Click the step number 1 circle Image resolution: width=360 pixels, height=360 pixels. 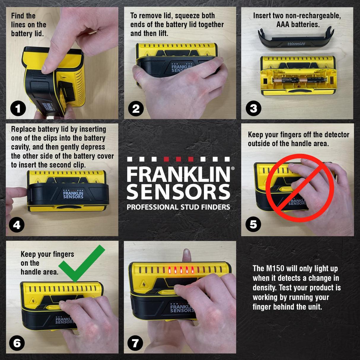point(18,109)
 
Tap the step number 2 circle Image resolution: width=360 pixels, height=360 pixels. point(136,109)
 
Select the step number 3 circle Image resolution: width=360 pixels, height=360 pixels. point(253,109)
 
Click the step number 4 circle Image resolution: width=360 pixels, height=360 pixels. point(17,225)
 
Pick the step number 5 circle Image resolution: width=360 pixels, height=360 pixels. point(253,224)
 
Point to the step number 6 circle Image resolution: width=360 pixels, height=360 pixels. point(17,343)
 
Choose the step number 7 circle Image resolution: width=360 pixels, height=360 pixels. point(135,343)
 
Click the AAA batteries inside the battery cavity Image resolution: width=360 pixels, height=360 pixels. point(300,80)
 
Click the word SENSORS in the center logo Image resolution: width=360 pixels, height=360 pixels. point(178,192)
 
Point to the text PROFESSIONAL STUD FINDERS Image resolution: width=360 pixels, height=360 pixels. point(178,207)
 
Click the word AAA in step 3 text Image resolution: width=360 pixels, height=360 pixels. point(283,25)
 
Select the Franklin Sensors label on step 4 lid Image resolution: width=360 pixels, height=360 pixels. point(73,195)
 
